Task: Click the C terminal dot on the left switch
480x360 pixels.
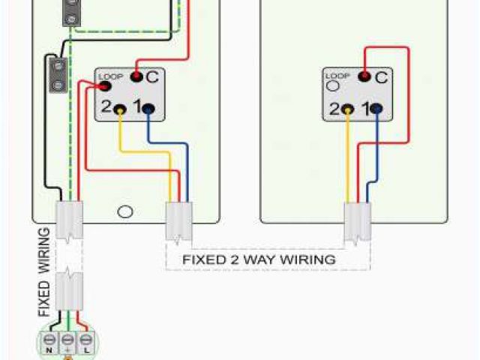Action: tap(136, 76)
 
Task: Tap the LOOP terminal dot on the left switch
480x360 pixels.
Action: tap(102, 87)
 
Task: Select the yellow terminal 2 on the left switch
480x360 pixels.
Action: tap(120, 109)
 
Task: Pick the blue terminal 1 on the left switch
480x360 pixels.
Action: tap(149, 109)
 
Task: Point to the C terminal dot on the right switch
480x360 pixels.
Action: tap(364, 76)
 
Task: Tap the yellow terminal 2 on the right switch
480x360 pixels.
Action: tap(348, 109)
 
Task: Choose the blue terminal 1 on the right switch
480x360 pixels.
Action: tap(377, 109)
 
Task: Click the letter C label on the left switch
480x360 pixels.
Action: tap(151, 76)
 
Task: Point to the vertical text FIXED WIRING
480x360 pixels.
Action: tap(43, 271)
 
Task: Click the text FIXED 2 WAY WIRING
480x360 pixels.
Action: tap(259, 259)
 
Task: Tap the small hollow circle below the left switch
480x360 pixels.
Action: tap(125, 211)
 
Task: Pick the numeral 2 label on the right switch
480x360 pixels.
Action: tap(334, 109)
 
